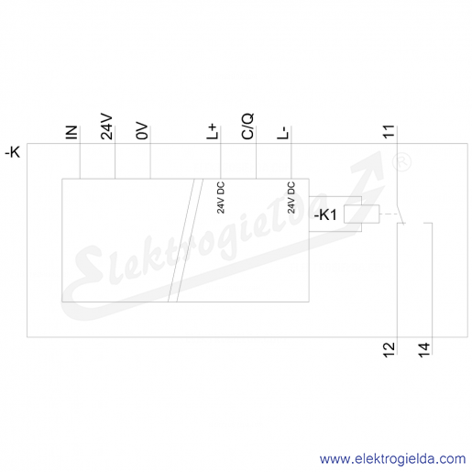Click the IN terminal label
(x=71, y=133)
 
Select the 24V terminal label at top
(x=107, y=127)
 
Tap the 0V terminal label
(x=142, y=132)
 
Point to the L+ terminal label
(x=213, y=132)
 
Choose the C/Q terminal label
(x=247, y=126)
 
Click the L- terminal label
(x=283, y=133)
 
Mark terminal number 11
(x=389, y=132)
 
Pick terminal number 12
(x=389, y=350)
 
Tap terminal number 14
(x=424, y=350)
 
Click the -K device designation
(x=13, y=152)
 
